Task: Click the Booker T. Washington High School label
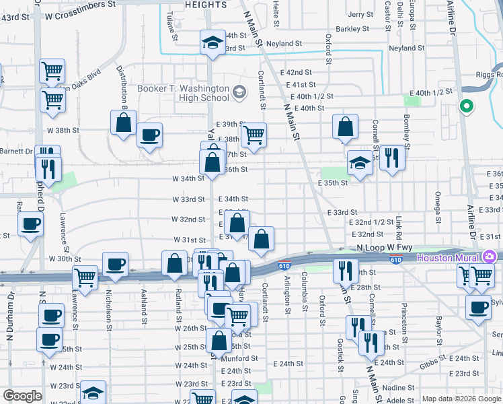[183, 93]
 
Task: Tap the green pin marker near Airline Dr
[465, 106]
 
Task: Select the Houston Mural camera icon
[489, 257]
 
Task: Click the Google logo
[22, 396]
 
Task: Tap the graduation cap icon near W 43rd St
[212, 43]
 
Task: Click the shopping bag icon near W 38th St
[123, 123]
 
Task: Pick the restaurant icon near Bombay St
[392, 158]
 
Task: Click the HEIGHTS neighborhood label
[205, 5]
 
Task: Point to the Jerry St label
[360, 14]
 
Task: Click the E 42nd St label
[299, 72]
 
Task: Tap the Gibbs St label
[421, 366]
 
